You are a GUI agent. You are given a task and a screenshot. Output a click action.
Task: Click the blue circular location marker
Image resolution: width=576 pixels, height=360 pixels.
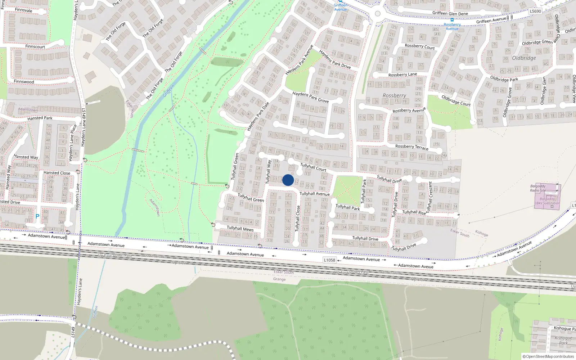288,180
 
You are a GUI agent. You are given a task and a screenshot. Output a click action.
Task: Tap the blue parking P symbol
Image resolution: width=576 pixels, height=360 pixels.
37,216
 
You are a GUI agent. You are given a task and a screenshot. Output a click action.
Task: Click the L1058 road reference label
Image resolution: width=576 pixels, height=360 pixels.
329,260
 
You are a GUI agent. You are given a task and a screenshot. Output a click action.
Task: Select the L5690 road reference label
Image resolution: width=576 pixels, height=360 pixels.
535,11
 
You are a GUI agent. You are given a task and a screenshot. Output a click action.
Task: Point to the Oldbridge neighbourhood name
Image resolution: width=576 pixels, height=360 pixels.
524,58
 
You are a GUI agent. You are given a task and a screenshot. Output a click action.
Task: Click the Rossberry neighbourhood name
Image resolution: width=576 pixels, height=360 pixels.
394,95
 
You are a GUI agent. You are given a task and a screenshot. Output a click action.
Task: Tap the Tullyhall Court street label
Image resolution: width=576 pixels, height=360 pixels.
313,167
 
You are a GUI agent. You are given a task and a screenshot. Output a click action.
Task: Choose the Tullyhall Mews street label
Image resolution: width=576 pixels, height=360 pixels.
240,228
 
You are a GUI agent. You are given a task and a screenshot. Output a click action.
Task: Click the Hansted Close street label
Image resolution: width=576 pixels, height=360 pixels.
57,173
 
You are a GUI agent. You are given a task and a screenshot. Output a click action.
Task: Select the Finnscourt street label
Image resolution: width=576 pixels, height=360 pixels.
35,46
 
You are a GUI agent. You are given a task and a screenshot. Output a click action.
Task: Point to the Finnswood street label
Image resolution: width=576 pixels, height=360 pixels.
24,82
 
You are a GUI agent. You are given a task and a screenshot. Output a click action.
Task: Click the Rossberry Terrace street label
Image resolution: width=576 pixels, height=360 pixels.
412,147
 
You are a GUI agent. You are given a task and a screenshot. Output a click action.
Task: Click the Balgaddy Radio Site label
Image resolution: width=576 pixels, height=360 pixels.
538,188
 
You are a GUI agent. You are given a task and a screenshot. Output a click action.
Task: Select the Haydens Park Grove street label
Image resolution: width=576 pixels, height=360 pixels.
310,97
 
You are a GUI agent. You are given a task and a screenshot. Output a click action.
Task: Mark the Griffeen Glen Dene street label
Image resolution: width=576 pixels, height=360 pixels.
450,13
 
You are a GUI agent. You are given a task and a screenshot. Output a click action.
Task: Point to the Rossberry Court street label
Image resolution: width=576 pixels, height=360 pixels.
420,46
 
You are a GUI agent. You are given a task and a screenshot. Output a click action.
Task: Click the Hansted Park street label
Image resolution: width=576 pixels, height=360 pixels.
40,118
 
